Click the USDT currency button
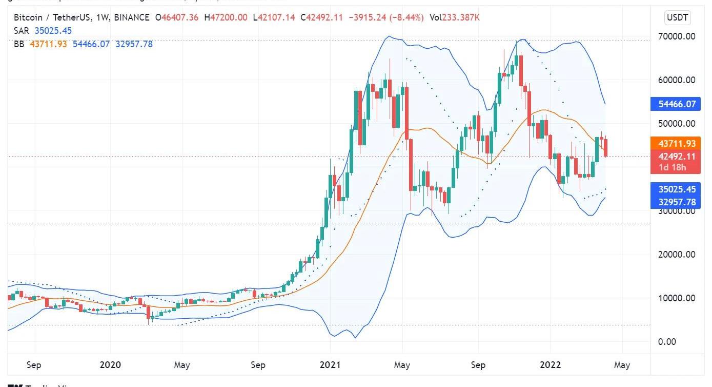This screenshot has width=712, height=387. [x=678, y=18]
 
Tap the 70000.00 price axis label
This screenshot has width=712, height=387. [x=676, y=36]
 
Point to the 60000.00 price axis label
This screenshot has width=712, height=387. [x=676, y=80]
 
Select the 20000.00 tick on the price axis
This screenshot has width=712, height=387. [x=676, y=255]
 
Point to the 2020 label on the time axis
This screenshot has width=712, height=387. [x=110, y=365]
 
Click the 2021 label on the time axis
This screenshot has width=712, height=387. [x=330, y=365]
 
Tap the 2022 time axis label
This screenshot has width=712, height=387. [x=551, y=365]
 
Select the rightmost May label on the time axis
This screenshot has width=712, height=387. [x=622, y=365]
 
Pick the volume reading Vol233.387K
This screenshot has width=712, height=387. [x=455, y=17]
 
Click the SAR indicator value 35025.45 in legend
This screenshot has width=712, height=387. [x=53, y=31]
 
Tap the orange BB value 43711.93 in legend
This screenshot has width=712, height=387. [x=49, y=44]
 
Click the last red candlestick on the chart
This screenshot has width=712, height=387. [x=606, y=148]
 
